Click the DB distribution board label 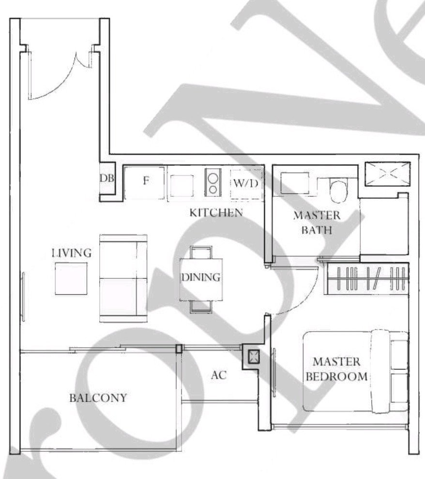click(x=107, y=178)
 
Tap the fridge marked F click(x=144, y=182)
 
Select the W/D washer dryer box click(x=246, y=184)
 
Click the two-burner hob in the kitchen click(x=213, y=182)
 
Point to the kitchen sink click(x=182, y=186)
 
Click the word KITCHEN click(x=216, y=213)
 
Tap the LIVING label click(x=72, y=253)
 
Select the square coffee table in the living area click(x=71, y=279)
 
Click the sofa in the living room click(x=123, y=278)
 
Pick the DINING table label click(x=201, y=277)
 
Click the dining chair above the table click(x=201, y=253)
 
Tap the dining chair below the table click(x=201, y=307)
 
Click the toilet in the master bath click(x=339, y=191)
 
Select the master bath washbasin click(x=295, y=183)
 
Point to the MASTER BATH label click(x=317, y=223)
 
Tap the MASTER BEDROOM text click(x=336, y=369)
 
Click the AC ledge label click(x=218, y=375)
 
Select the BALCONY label click(x=98, y=398)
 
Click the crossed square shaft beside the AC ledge click(x=254, y=356)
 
